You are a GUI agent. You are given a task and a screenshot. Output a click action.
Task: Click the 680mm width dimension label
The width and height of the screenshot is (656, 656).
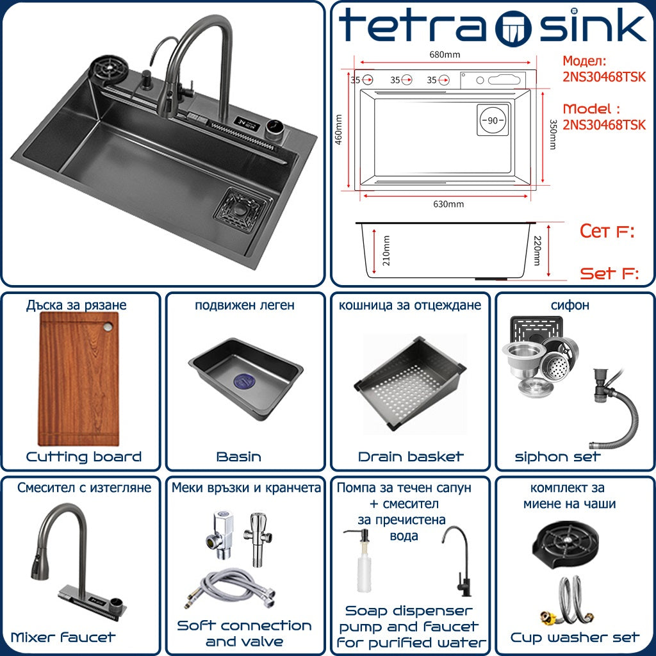pos(445,54)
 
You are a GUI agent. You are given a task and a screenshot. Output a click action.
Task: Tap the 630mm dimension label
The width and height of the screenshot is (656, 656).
pos(448,204)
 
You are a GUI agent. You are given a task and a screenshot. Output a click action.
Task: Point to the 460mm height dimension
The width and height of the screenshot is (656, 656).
pos(338,129)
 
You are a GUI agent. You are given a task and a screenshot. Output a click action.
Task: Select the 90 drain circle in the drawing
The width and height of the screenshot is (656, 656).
pos(493,120)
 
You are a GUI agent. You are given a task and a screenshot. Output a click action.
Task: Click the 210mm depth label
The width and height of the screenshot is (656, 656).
pos(386,250)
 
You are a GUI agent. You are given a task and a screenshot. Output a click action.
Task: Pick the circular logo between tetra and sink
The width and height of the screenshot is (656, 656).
pos(513,26)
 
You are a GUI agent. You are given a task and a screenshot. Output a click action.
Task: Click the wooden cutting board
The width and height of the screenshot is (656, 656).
pos(79,379)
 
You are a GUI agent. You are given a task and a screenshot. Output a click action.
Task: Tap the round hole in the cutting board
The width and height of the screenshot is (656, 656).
pos(108,327)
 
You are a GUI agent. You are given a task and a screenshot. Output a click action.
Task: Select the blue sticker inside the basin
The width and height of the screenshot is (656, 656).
pos(245,381)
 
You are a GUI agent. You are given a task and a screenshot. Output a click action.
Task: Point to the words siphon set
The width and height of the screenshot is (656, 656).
pos(558,456)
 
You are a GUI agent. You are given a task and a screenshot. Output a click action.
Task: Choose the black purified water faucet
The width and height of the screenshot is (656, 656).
pos(457,561)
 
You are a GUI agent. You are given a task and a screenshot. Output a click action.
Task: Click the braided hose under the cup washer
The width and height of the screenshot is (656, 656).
pos(568,600)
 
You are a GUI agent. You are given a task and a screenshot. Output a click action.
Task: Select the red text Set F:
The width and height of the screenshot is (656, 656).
pos(609,274)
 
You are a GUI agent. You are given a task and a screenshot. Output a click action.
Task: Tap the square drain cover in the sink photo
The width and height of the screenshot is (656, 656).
pos(240,210)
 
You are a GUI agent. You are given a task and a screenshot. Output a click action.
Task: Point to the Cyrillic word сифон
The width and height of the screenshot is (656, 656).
pos(570,305)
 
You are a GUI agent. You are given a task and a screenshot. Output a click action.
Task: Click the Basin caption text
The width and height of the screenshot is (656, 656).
pos(239,456)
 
